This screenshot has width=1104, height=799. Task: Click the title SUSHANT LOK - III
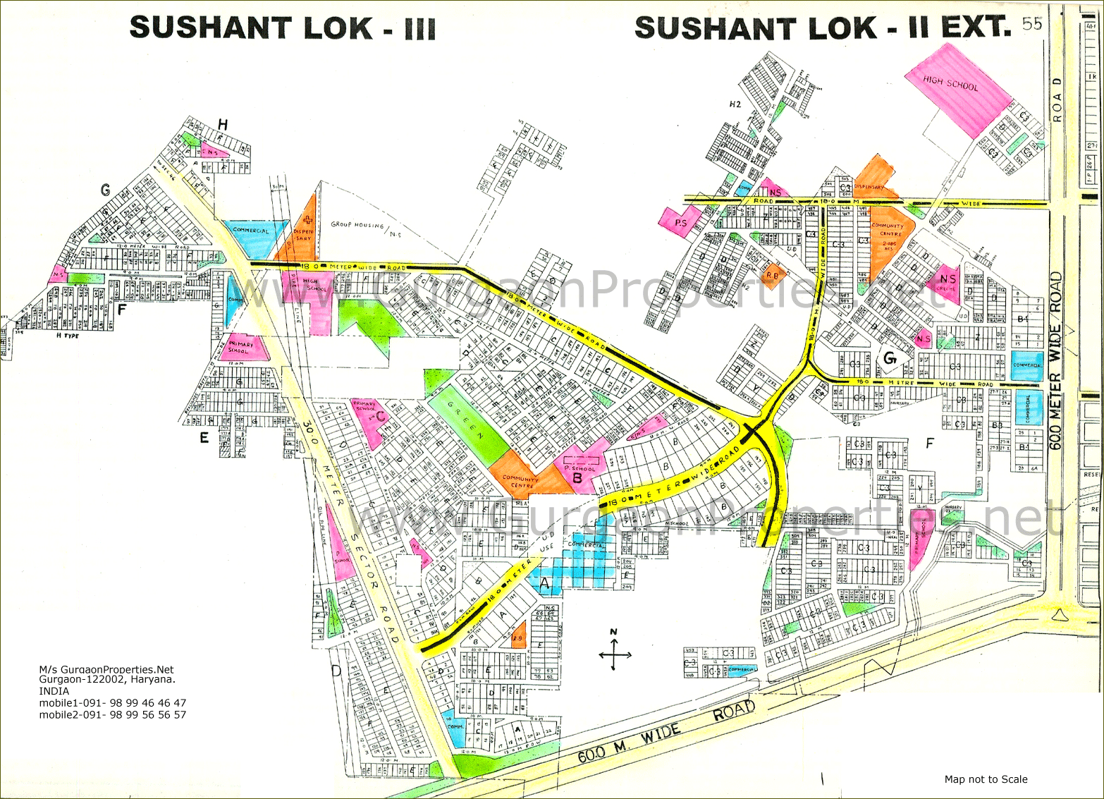(x=283, y=28)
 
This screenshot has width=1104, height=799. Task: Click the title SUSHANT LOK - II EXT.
(x=822, y=28)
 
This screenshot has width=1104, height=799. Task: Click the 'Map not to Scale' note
(x=986, y=779)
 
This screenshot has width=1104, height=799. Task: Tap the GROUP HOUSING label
(x=357, y=225)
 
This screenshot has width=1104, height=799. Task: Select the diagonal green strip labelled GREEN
(x=471, y=423)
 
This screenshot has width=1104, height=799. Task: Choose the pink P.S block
(x=679, y=220)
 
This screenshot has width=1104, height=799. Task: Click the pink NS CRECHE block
(x=946, y=282)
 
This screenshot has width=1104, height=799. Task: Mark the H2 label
(x=735, y=104)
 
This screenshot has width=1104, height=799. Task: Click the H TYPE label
(x=68, y=336)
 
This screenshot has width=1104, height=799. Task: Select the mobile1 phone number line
(x=113, y=703)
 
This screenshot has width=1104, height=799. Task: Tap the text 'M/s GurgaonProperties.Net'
(x=106, y=669)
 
